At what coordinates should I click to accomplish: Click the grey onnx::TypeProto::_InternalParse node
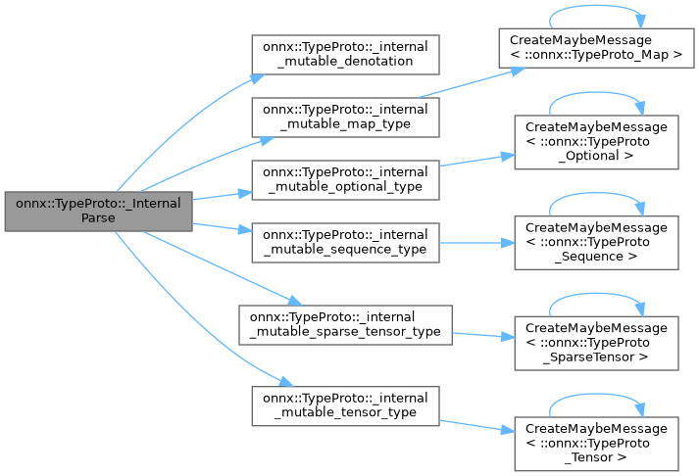point(98,211)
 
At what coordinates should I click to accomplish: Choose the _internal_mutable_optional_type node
point(344,178)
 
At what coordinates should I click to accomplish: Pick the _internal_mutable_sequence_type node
point(344,241)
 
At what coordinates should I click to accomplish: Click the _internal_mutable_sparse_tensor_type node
point(344,324)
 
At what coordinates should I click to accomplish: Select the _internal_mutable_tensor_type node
point(344,405)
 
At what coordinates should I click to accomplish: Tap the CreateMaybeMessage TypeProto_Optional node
point(597,140)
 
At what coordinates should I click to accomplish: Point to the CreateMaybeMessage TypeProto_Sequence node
point(597,241)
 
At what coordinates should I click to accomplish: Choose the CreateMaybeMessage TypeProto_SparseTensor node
point(597,342)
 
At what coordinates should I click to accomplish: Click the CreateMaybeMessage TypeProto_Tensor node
point(597,442)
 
